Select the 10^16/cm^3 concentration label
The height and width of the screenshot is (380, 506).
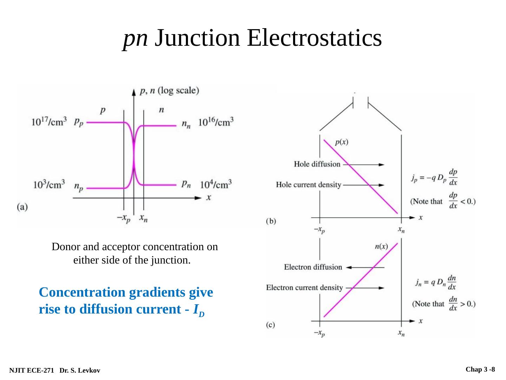216,122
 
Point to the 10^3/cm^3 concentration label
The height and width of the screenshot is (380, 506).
49,184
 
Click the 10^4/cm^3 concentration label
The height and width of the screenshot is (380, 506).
216,184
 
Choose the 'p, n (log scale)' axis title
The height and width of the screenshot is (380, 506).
169,91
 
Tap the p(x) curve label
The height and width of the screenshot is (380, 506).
342,142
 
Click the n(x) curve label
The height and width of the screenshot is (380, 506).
381,246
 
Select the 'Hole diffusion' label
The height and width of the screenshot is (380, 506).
317,164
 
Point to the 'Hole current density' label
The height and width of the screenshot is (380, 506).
308,185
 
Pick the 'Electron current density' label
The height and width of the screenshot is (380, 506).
304,288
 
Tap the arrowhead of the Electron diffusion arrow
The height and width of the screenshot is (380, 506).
348,267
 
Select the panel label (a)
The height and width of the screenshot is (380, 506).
22,207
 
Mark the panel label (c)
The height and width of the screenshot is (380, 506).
270,325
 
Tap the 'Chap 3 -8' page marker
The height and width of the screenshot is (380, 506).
480,369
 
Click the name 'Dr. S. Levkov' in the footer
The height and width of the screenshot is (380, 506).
80,370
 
